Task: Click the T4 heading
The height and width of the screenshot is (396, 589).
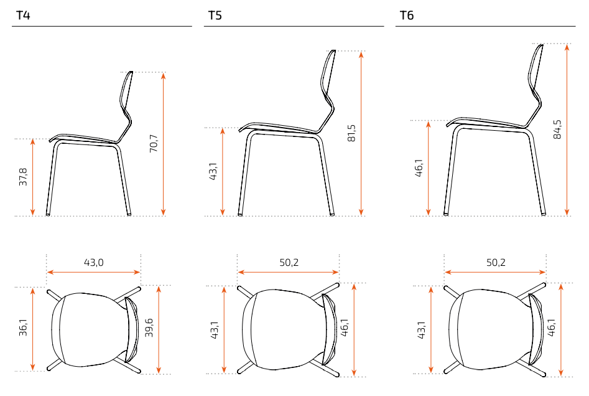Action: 23,16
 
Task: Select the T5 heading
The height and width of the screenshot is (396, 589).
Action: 215,16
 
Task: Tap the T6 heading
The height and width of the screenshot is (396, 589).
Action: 406,16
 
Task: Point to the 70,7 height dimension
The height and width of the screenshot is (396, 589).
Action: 154,143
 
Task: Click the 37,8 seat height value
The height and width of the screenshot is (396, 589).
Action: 23,177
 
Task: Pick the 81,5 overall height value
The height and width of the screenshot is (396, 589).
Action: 351,133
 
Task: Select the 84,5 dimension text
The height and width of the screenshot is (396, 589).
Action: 557,130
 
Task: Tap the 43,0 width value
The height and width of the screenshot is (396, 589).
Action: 93,262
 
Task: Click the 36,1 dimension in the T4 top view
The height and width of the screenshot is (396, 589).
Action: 23,327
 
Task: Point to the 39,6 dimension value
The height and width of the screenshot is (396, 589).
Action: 149,328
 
